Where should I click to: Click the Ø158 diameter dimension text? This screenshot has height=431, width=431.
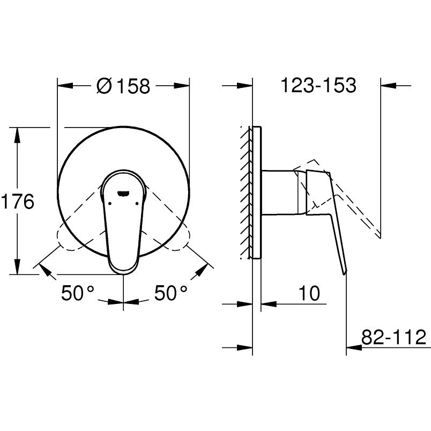click(x=124, y=86)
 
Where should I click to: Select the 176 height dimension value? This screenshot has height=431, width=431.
click(x=17, y=202)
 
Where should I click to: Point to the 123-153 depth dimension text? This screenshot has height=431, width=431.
click(x=318, y=85)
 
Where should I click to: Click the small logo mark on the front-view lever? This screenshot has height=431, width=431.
click(x=124, y=190)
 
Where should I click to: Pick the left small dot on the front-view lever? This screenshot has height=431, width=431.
click(x=109, y=203)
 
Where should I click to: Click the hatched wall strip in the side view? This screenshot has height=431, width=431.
click(x=247, y=193)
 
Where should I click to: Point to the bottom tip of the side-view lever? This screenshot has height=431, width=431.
click(x=345, y=272)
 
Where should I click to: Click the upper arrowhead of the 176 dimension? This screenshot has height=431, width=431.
click(x=17, y=134)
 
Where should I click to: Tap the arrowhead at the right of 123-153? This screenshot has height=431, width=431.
click(x=387, y=85)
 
